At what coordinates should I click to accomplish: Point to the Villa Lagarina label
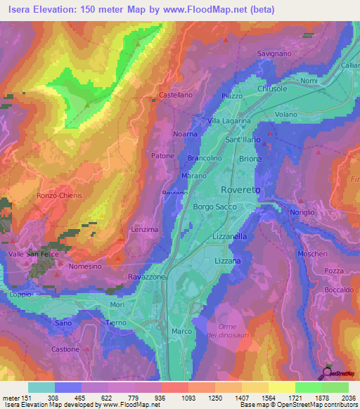click(228, 121)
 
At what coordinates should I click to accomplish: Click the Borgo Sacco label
click(216, 207)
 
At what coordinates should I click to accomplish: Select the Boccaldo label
click(339, 290)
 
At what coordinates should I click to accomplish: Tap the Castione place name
click(65, 349)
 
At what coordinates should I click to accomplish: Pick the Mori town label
click(117, 305)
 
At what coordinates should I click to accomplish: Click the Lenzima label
click(146, 230)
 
